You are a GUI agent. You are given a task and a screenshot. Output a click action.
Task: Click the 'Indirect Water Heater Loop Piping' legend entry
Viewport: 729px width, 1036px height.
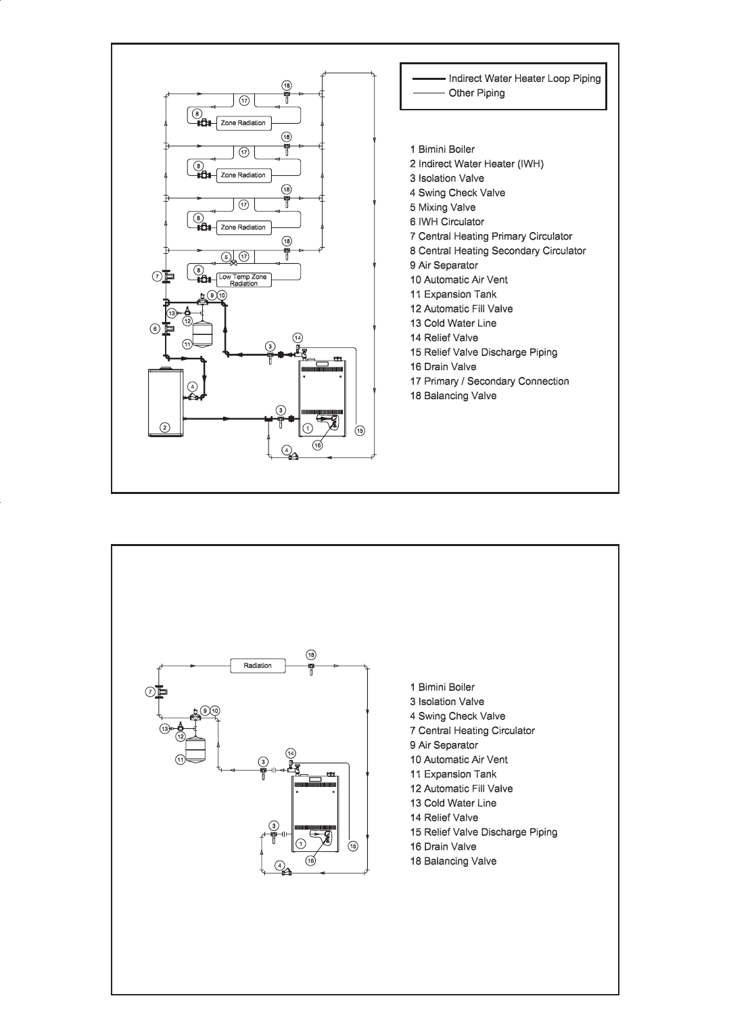(524, 78)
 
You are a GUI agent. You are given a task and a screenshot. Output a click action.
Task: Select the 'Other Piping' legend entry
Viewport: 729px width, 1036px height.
(476, 93)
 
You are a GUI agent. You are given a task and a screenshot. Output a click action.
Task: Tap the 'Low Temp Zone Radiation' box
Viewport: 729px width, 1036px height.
(243, 280)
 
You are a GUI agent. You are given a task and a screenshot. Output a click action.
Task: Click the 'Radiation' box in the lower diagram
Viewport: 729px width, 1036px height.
(258, 666)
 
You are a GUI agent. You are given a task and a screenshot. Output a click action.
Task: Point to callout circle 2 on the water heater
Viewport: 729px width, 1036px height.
(164, 426)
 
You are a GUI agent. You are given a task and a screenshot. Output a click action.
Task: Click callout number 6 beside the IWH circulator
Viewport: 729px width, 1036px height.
(155, 329)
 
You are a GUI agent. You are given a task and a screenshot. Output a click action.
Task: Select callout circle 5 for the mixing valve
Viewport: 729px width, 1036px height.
(227, 257)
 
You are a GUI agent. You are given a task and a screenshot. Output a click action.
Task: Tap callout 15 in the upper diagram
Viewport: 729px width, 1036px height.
(360, 430)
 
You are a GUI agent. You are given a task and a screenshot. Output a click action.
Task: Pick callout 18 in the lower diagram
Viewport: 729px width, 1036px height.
(311, 655)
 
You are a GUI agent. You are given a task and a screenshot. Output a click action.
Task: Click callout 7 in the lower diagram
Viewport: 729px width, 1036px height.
(150, 692)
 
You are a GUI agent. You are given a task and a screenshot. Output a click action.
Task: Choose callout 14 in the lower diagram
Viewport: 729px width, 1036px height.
(291, 753)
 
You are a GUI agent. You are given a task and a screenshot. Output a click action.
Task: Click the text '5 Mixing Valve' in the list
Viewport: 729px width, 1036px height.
(442, 208)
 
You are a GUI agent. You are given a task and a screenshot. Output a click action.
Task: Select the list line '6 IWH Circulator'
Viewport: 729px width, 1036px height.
(446, 222)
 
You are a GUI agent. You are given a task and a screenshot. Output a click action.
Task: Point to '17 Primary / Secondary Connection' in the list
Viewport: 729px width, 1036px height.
(489, 382)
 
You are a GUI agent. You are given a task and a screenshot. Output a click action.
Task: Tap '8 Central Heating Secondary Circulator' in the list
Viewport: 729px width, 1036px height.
(497, 251)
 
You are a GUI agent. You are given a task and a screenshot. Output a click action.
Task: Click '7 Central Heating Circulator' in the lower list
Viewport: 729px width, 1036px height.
(472, 731)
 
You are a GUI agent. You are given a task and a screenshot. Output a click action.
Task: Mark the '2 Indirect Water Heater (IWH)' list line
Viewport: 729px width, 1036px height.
(476, 164)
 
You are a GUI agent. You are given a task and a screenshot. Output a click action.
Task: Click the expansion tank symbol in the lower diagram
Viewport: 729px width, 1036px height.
(195, 747)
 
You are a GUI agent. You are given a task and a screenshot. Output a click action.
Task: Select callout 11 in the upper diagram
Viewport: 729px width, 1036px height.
(187, 344)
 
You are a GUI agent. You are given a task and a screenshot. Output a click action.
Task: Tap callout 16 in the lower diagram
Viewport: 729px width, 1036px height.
(310, 861)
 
